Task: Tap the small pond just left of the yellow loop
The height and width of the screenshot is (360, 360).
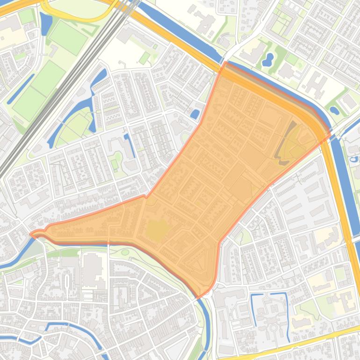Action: [45, 23]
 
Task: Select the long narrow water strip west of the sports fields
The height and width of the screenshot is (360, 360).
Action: [21, 89]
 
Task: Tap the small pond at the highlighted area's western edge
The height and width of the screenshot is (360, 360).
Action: [194, 114]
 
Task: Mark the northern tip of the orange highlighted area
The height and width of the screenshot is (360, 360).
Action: [225, 63]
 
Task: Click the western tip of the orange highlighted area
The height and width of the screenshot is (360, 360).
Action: [31, 234]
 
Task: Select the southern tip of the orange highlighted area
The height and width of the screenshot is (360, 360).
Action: [198, 297]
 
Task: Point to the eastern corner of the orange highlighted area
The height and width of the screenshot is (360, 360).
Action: [330, 136]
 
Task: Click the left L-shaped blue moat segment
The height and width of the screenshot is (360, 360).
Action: [255, 309]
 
